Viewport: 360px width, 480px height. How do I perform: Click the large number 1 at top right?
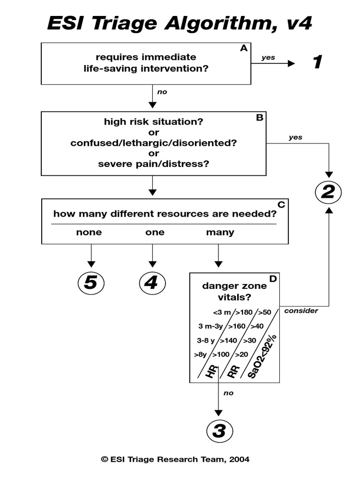[317, 62]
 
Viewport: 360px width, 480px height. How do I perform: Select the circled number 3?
[219, 430]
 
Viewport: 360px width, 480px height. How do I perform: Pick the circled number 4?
[152, 283]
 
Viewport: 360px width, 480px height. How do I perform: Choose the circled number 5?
[90, 283]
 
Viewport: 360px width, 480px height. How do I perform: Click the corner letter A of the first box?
[243, 48]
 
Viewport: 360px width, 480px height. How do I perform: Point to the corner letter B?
[259, 118]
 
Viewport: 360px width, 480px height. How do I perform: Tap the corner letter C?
[281, 204]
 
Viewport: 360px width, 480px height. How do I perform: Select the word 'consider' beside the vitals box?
[301, 311]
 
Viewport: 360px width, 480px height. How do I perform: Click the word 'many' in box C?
[220, 232]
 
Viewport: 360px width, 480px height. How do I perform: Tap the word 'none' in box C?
[89, 232]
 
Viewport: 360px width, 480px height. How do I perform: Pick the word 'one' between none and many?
[155, 232]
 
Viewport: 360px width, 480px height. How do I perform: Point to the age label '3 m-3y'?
[210, 326]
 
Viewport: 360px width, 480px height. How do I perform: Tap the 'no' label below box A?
[162, 92]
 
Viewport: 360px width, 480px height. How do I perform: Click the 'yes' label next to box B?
[295, 137]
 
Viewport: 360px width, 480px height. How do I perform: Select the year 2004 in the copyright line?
[239, 459]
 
